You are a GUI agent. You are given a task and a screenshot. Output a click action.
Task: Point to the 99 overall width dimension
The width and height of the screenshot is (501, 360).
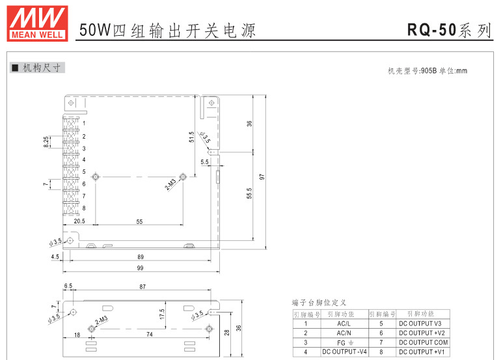coord(140,268)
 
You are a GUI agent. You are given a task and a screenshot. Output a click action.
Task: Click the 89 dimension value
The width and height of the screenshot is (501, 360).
coord(140,256)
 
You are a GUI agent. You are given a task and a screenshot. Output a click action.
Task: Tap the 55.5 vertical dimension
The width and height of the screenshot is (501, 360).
coord(250,195)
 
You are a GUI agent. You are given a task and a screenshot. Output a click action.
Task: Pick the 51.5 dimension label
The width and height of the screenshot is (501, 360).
coord(191,137)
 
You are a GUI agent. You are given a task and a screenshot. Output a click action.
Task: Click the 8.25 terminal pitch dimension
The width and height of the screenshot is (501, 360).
coord(46,142)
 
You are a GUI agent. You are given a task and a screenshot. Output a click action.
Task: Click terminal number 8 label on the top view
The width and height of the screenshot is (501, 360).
coord(84,208)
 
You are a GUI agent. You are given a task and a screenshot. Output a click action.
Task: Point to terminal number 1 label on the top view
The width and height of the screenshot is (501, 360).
coord(84,123)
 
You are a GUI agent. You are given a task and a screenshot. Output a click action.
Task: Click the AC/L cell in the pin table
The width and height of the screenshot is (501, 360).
coord(344,324)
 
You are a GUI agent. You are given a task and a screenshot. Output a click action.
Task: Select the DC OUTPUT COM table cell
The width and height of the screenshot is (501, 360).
coord(423,342)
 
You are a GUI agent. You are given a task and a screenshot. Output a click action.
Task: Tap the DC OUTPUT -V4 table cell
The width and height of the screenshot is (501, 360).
coord(344,352)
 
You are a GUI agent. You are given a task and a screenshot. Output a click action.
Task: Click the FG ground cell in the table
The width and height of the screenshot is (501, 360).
coord(344,342)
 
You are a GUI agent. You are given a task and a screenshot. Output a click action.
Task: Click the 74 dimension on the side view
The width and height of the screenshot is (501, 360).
coord(150,335)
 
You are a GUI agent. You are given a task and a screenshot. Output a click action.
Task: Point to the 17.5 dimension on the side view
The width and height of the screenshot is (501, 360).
coord(163,314)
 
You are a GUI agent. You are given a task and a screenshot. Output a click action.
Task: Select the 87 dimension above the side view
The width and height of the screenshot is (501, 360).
coord(142,286)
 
